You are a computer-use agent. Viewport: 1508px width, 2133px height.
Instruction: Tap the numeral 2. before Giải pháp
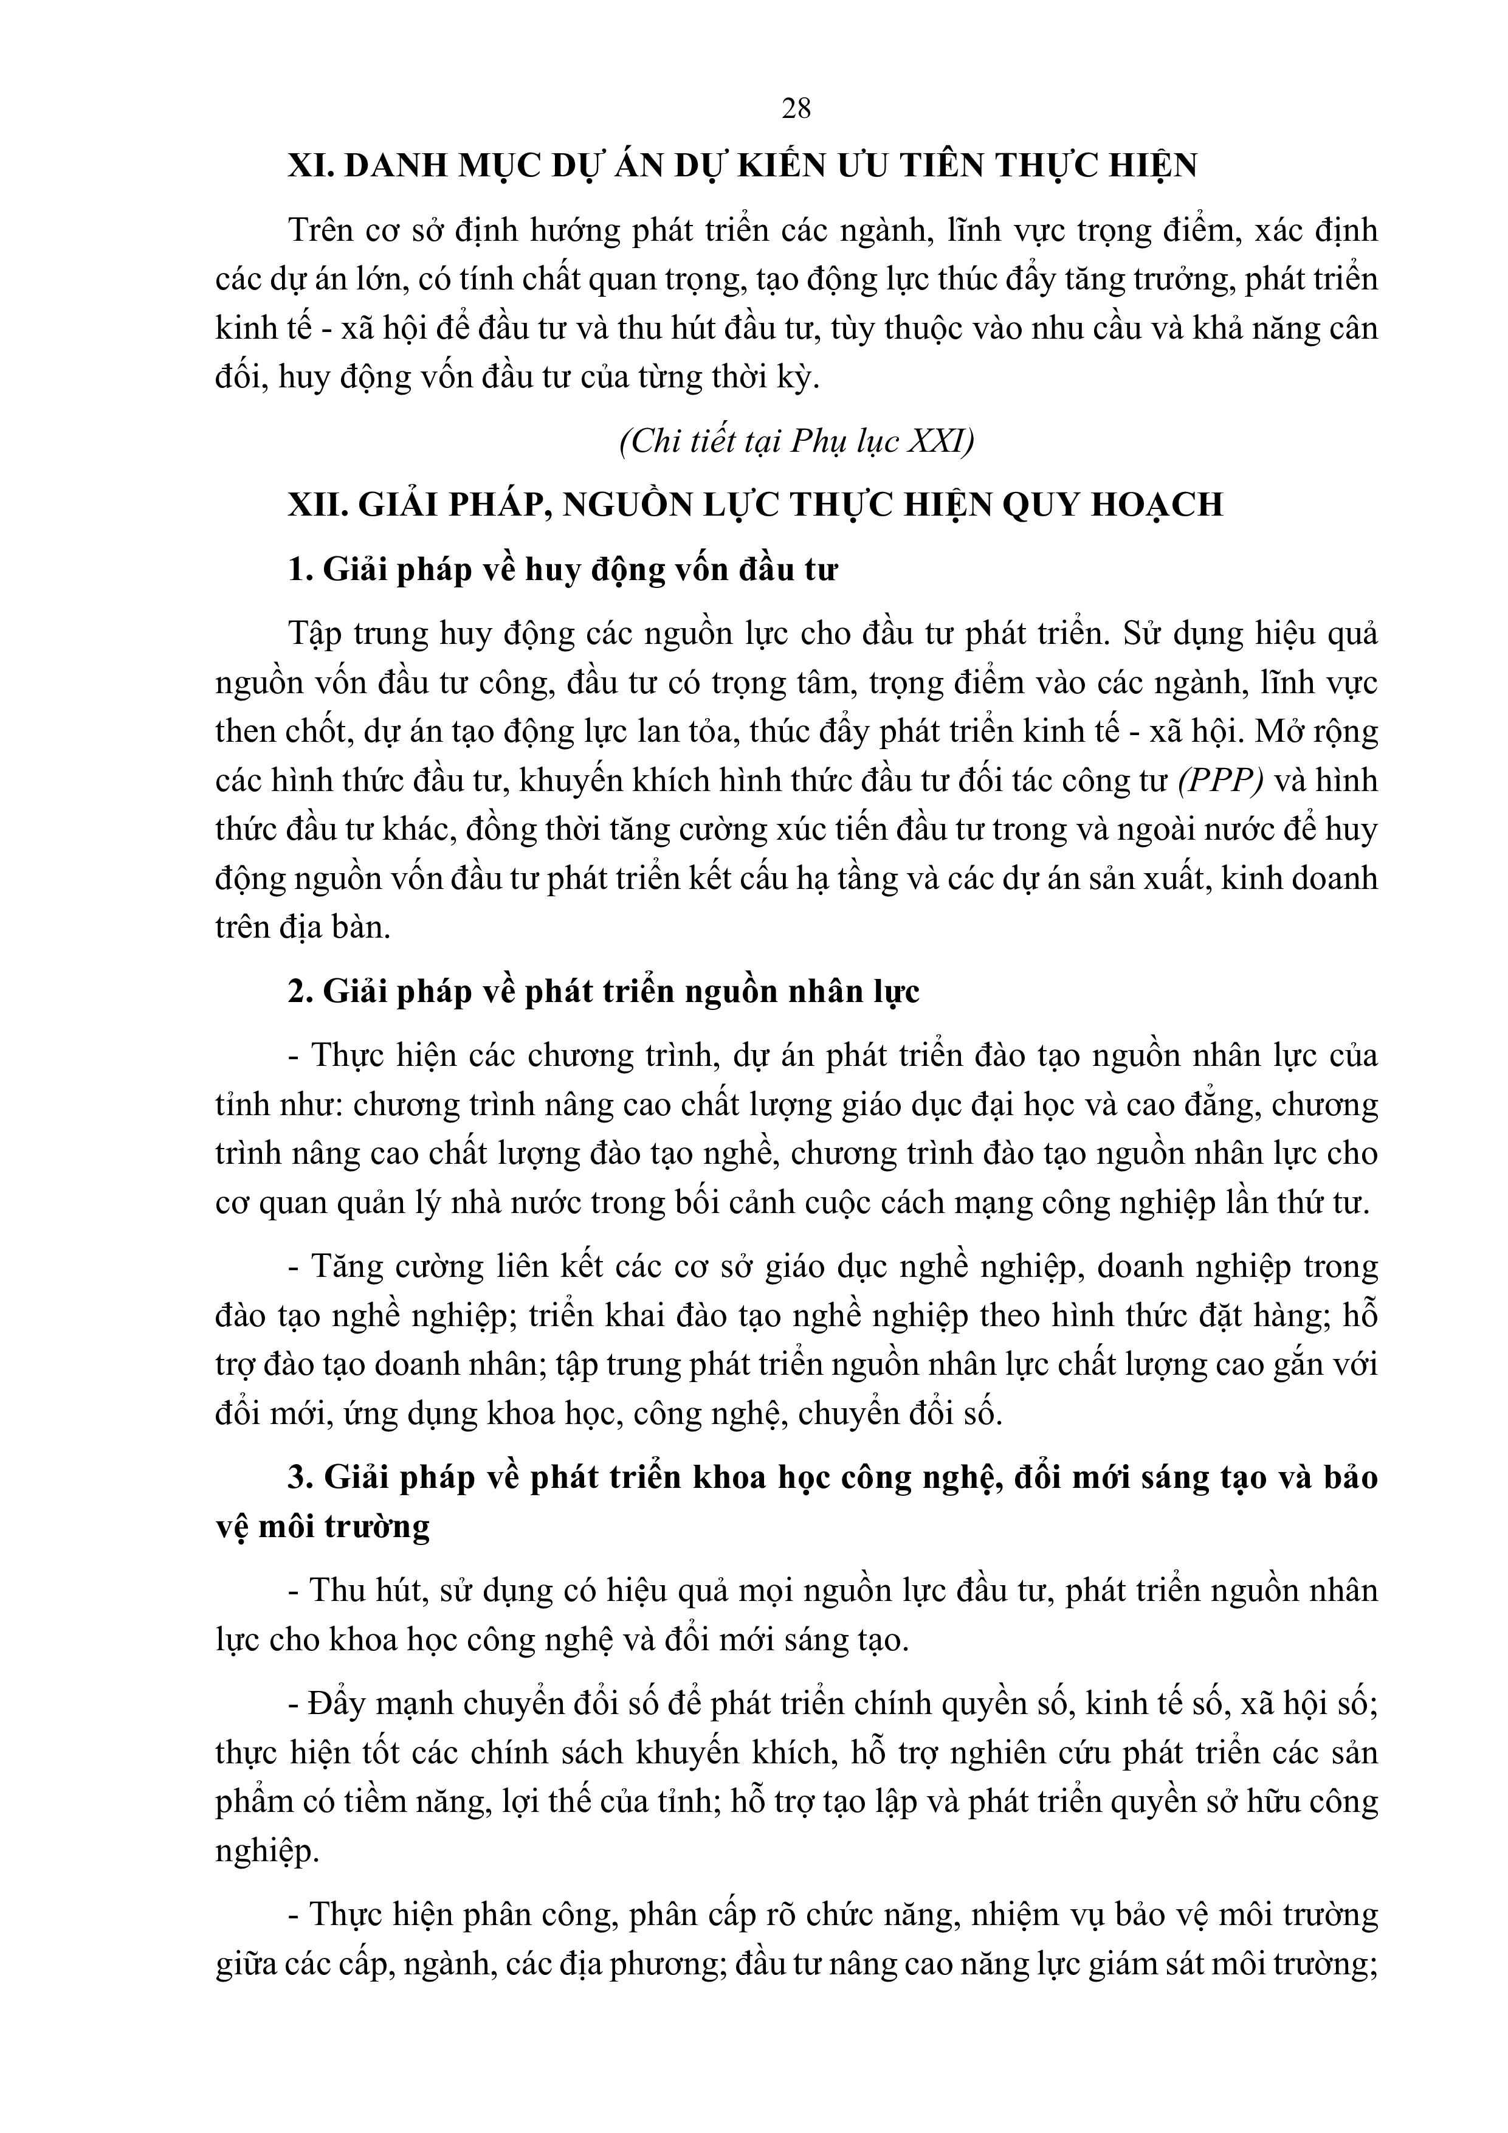pyautogui.click(x=300, y=992)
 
